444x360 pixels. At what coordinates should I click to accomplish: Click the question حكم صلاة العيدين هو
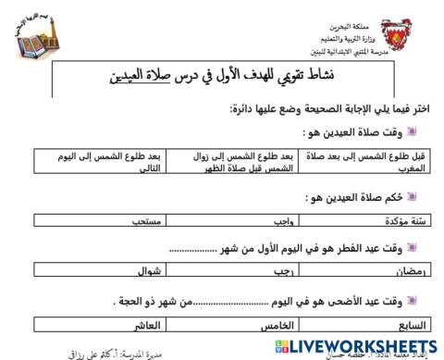tap(355, 196)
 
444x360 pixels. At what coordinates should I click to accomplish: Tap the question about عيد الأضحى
tap(277, 300)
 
